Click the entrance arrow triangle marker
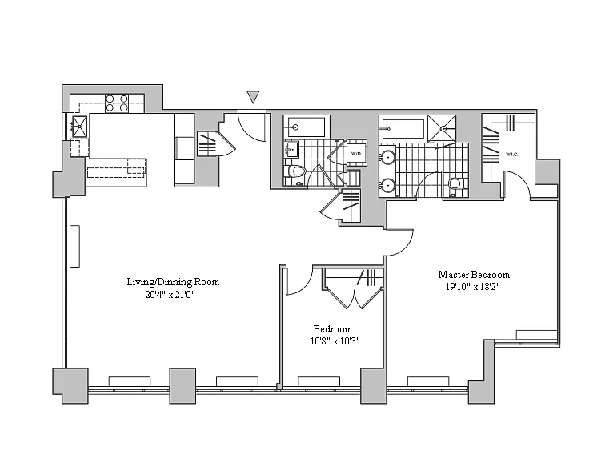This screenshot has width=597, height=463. coord(253,98)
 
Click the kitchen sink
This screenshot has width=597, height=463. coord(79,125)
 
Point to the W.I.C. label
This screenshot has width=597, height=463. coord(511,154)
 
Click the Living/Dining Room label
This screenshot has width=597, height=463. coord(173,282)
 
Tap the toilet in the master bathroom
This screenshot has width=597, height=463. coord(454,185)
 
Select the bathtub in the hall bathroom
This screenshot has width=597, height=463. coord(306,127)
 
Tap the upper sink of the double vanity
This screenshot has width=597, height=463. coord(387,156)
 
